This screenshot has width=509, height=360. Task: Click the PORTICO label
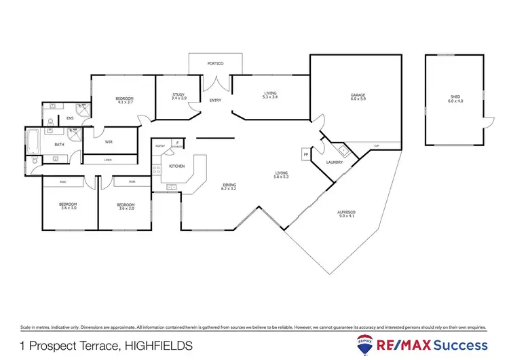[215, 63]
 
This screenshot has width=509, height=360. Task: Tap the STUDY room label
[178, 94]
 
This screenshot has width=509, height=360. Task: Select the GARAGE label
[358, 94]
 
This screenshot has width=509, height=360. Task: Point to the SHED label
[454, 97]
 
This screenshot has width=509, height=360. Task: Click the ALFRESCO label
[346, 213]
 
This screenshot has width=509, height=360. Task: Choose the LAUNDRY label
[335, 162]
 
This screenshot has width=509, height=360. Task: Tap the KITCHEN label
[176, 166]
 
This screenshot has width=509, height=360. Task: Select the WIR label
[109, 142]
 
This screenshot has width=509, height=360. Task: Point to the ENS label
[70, 118]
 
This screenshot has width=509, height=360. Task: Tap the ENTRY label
[215, 101]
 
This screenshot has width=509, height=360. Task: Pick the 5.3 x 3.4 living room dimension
[270, 98]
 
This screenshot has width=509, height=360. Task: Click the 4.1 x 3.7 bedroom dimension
[124, 103]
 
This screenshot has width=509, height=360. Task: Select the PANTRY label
[160, 146]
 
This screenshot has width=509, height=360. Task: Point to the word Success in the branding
[460, 344]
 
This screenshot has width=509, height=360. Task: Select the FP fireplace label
[305, 154]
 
